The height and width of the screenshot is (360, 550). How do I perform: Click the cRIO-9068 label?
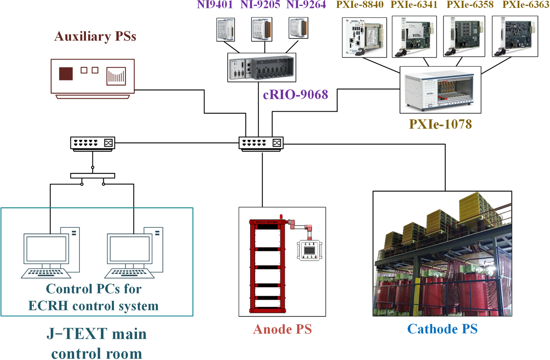(295, 95)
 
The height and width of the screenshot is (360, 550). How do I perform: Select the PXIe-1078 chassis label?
(440, 124)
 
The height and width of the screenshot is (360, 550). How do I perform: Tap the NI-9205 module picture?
(262, 29)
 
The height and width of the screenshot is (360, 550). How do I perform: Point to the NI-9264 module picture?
(298, 28)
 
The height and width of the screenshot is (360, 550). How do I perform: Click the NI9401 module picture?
(226, 29)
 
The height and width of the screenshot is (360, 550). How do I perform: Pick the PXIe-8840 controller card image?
(364, 37)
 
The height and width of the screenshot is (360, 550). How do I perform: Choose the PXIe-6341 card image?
(414, 37)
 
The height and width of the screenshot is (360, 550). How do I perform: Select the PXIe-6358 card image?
(464, 36)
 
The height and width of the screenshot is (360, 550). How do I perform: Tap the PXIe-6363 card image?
(515, 36)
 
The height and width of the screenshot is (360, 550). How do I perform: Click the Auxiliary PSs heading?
(95, 36)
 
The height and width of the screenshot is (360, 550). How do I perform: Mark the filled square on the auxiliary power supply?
(66, 74)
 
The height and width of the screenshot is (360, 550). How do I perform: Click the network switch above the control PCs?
(92, 143)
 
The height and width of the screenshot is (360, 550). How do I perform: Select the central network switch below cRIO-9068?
(261, 143)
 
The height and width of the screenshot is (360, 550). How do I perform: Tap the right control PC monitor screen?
(130, 249)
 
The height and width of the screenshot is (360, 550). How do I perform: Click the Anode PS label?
(282, 329)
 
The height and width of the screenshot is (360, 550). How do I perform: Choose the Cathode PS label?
(442, 329)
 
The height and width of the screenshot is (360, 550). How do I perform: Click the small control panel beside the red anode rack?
(309, 250)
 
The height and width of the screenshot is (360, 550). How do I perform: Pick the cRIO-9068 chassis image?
(262, 67)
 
